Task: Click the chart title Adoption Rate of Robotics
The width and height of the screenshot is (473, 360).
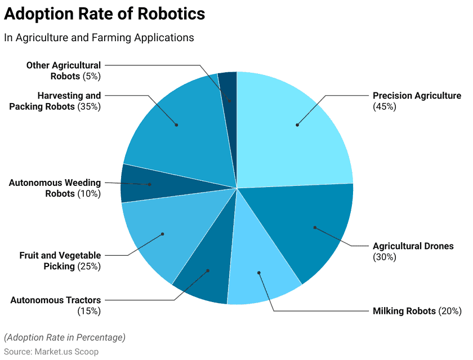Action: click(x=105, y=14)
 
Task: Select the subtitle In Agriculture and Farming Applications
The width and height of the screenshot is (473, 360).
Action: click(x=99, y=38)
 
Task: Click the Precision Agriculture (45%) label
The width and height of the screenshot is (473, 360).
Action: click(x=417, y=101)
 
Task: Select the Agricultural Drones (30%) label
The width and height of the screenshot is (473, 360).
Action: click(x=413, y=251)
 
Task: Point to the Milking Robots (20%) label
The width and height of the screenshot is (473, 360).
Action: click(x=417, y=311)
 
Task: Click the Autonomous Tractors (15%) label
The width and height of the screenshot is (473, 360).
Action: click(x=56, y=305)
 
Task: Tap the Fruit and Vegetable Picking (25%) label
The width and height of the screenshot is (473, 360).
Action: click(x=60, y=261)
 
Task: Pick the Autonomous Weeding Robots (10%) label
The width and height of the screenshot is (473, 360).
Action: click(x=55, y=188)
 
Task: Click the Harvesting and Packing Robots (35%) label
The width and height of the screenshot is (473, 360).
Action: click(x=55, y=101)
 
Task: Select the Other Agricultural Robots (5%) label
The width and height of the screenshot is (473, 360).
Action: click(x=64, y=70)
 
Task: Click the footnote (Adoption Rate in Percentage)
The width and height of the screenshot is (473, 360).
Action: click(x=65, y=337)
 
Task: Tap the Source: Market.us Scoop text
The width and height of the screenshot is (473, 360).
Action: click(x=51, y=352)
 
